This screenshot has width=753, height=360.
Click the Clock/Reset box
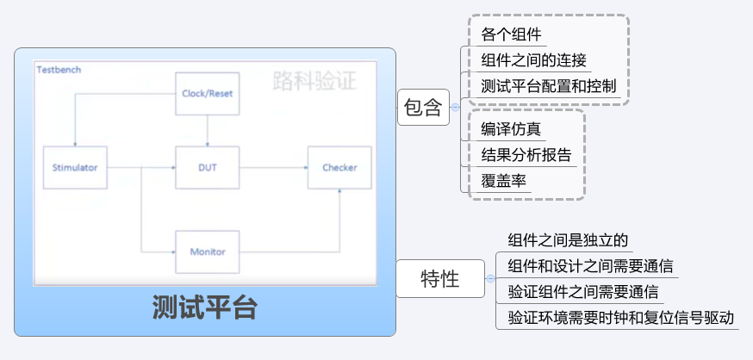(208, 93)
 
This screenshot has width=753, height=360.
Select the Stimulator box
(76, 167)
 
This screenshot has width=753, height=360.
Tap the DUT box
(208, 167)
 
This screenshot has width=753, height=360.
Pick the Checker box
(339, 167)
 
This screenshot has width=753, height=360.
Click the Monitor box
(208, 251)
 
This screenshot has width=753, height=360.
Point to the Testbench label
(59, 69)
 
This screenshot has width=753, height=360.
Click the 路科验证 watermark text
(314, 81)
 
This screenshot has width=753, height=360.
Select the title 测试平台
(204, 307)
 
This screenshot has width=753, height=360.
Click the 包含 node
(422, 108)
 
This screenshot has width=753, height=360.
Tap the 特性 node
(439, 279)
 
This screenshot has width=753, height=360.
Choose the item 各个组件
(512, 34)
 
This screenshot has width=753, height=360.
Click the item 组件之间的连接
(534, 60)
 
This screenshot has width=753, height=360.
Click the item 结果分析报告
(526, 155)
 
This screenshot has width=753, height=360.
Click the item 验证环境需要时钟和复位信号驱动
(621, 317)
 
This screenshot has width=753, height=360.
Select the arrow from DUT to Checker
(273, 167)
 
